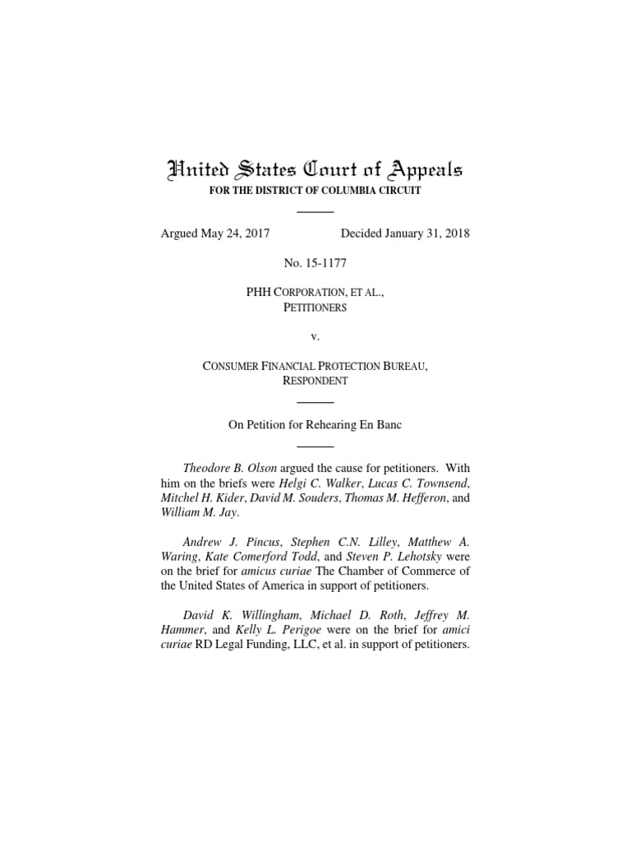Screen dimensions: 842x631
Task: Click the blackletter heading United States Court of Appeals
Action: (315, 171)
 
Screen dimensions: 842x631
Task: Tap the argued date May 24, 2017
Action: (214, 234)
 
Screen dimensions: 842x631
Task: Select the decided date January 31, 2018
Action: (398, 234)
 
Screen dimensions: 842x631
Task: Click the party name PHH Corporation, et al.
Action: (315, 294)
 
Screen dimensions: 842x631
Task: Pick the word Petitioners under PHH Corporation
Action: (315, 308)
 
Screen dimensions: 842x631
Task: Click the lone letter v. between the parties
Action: (315, 337)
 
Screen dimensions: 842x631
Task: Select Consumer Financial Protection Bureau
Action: (315, 367)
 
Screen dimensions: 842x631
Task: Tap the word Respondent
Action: (315, 381)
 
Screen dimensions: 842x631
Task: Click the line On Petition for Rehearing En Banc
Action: (315, 425)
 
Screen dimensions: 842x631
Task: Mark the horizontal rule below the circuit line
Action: (315, 211)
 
